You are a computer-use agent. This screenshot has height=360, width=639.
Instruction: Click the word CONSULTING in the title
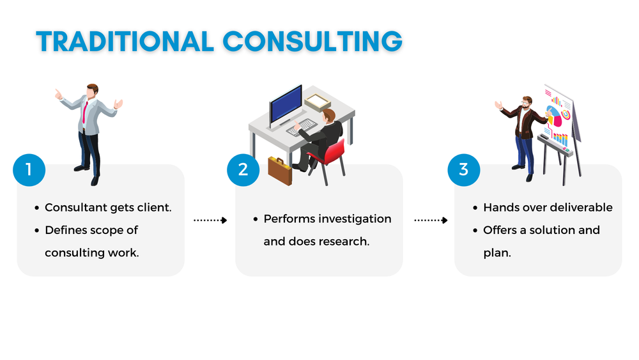[312, 42]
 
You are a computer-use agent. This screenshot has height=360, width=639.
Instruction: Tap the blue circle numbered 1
[29, 169]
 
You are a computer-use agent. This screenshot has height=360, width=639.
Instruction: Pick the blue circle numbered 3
[463, 169]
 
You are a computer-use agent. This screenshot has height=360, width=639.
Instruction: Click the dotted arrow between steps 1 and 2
[210, 220]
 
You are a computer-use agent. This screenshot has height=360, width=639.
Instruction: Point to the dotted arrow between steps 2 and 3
[431, 220]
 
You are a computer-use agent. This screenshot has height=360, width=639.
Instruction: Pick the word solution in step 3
[550, 230]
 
